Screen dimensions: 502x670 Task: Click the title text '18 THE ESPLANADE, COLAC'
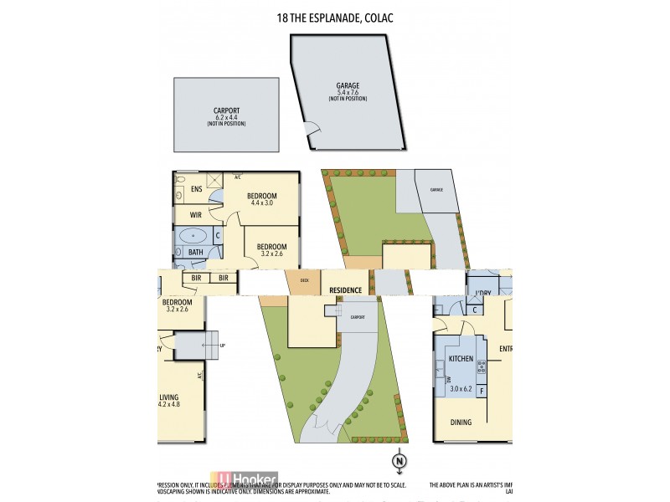[334, 17]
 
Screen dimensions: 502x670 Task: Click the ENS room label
[196, 189]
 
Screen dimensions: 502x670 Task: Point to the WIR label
[195, 215]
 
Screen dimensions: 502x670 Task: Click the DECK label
[304, 280]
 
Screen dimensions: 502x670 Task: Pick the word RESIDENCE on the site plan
[345, 290]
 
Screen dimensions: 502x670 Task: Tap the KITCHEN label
[461, 359]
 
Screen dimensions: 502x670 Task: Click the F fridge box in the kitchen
[482, 389]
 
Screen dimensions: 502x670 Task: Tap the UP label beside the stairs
[221, 345]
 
